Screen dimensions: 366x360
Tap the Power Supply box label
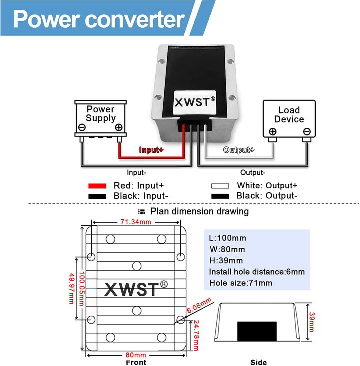click(100, 114)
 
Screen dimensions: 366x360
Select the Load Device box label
click(289, 115)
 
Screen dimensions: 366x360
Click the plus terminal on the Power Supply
click(118, 127)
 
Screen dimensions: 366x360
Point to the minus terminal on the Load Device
click(306, 132)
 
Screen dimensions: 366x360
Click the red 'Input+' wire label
click(151, 150)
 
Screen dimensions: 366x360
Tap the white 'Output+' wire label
click(239, 150)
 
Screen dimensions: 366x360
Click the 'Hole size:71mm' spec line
click(241, 283)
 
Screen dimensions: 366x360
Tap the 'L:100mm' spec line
click(228, 238)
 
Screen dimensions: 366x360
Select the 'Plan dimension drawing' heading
click(199, 211)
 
